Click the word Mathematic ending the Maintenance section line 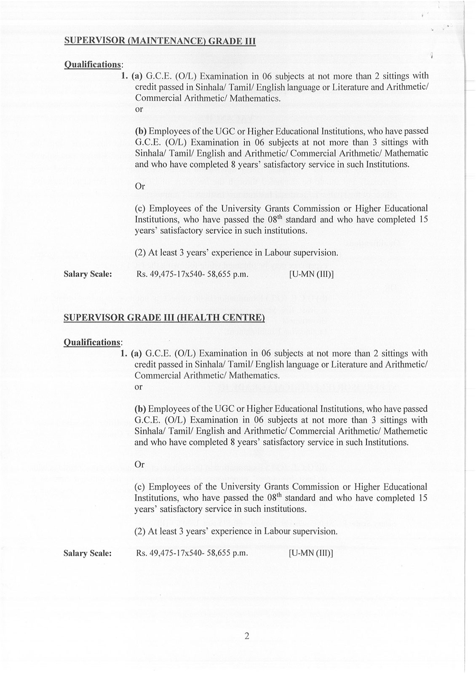tap(406, 153)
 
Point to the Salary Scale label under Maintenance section tap(88, 274)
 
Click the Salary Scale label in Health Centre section tap(88, 553)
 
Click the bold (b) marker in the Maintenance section tap(140, 131)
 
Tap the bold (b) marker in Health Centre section tap(140, 409)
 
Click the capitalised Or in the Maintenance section tap(140, 186)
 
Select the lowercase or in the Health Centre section tap(139, 386)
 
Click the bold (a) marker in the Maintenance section tap(137, 76)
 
